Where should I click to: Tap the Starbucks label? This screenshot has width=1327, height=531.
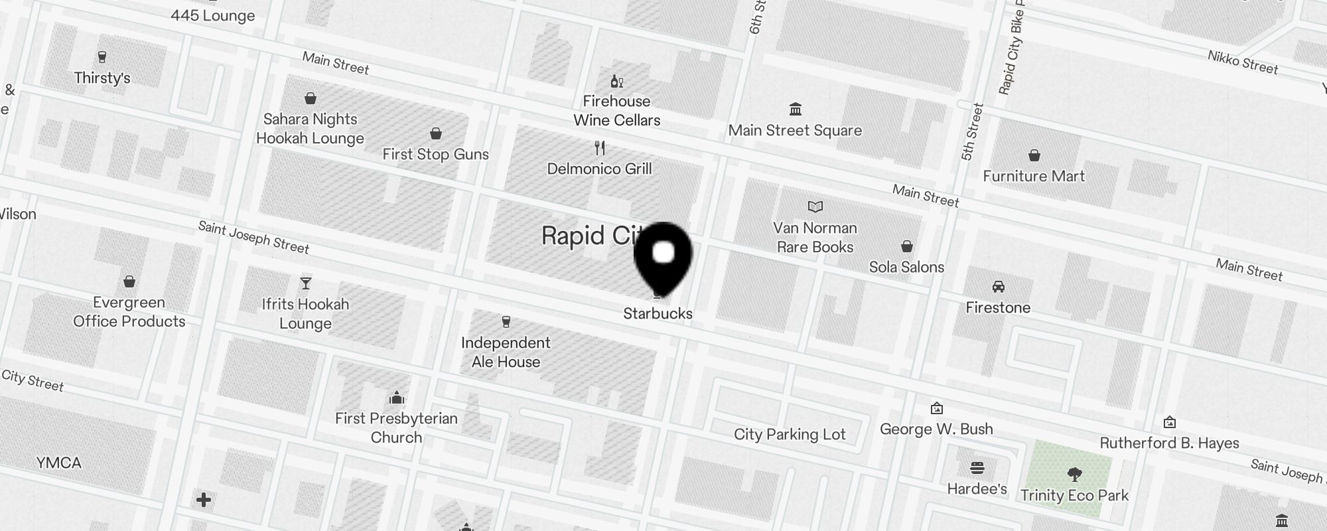coord(658,313)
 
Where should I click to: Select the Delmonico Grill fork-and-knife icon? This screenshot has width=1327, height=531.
coord(600,147)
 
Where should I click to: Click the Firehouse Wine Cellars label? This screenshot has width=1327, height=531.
coord(616,111)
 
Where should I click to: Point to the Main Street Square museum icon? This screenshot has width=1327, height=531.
coord(795,109)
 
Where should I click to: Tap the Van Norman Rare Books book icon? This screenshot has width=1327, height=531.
coord(815,207)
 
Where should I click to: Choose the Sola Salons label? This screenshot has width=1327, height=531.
coord(906,267)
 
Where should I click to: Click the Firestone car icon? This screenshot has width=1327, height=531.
coord(998,287)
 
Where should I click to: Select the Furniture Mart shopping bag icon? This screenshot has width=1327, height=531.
coord(1034,156)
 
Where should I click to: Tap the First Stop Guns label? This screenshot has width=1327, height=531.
coord(435,154)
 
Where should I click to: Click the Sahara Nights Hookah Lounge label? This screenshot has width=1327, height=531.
coord(310,129)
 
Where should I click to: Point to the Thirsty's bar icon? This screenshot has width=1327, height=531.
coord(102,57)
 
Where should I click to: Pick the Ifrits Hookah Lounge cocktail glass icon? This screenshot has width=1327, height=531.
coord(305,283)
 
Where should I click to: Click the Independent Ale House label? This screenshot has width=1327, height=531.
coord(506,352)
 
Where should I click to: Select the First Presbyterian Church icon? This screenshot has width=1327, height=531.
coord(397,398)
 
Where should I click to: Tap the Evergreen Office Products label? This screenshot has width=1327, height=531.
coord(129,312)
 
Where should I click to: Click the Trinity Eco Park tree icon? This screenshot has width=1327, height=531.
coord(1074,475)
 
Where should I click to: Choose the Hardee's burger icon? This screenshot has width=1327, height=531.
coord(977,469)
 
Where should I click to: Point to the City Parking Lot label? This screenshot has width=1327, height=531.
coord(790,434)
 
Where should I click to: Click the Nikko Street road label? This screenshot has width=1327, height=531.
coord(1242,62)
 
